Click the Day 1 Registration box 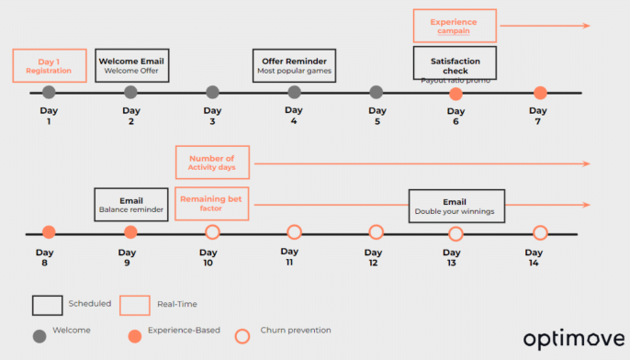[x=50, y=65]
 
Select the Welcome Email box [x=130, y=65]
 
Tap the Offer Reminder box [x=295, y=65]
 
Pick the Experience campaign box [x=455, y=26]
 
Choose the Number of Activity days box [x=213, y=163]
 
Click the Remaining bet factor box [x=213, y=203]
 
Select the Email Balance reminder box [x=130, y=204]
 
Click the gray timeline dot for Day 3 [x=213, y=92]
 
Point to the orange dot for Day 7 [x=540, y=93]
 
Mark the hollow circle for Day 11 [x=295, y=232]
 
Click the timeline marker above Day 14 [x=540, y=232]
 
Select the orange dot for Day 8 [x=50, y=232]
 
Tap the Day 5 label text [x=376, y=116]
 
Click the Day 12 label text [x=374, y=257]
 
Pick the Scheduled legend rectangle [x=46, y=304]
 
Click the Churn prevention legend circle [x=243, y=332]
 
